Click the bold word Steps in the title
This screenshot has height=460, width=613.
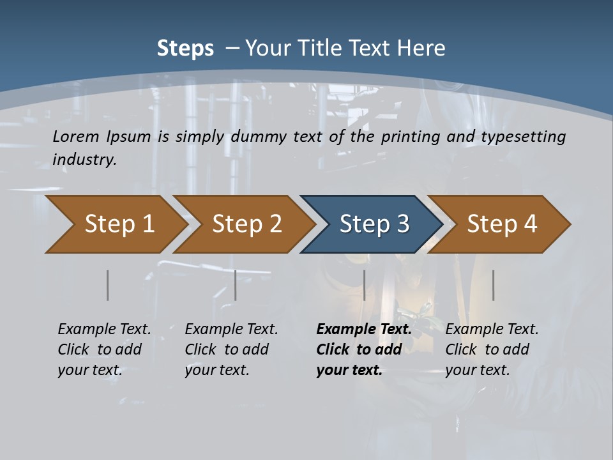185,49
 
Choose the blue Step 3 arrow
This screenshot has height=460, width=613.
374,224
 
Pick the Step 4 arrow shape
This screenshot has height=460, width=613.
502,224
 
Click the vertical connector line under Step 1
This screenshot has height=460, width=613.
107,285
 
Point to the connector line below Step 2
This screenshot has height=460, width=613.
236,285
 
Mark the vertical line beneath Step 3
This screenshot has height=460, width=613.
364,285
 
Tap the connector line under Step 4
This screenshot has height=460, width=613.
493,285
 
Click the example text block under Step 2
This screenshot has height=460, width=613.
231,349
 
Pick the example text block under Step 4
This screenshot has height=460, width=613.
491,349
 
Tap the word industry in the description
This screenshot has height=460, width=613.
84,159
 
